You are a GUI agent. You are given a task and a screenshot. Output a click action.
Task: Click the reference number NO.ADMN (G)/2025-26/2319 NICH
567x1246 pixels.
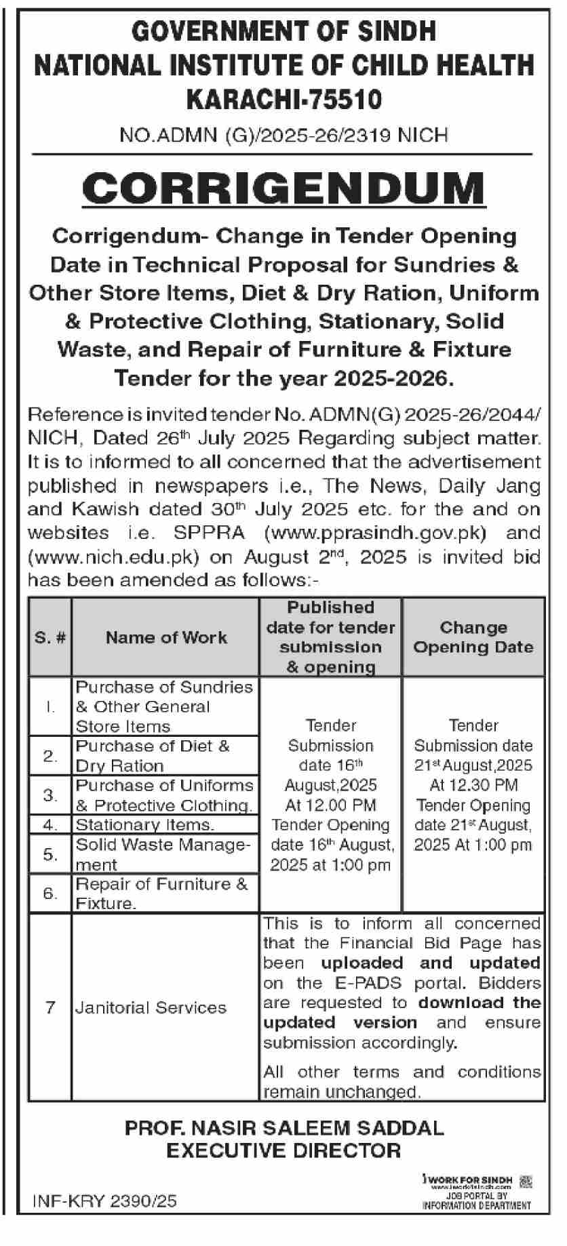point(283,136)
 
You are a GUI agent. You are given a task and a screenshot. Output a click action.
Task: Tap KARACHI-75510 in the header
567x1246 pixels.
point(283,100)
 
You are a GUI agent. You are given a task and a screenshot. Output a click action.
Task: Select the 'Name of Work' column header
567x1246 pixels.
point(166,637)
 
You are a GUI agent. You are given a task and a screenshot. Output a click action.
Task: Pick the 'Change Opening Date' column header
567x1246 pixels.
point(473,637)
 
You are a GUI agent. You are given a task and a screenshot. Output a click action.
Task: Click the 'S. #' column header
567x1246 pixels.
point(50,637)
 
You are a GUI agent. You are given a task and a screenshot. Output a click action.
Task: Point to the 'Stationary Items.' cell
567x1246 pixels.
point(145,825)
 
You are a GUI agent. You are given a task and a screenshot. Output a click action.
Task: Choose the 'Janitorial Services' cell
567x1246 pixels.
point(151,1007)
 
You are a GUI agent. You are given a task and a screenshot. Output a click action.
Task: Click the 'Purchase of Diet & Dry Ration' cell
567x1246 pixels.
point(153,756)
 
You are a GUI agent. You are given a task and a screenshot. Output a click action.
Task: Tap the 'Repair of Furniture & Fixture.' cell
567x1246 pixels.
point(161,893)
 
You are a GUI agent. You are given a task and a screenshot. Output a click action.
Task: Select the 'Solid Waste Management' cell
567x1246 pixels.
point(163,854)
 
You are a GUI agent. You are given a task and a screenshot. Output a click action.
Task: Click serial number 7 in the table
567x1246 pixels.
point(50,1007)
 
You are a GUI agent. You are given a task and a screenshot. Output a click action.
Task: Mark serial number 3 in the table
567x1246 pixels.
point(50,795)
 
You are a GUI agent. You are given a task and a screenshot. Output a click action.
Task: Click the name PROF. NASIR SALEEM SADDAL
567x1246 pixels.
point(283,1128)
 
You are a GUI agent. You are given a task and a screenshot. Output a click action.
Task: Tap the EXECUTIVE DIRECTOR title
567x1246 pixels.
point(283,1150)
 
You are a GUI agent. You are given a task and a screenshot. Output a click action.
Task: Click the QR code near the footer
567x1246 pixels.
point(525,1182)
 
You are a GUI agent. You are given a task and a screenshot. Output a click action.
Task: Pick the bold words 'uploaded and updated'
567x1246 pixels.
point(431,963)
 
